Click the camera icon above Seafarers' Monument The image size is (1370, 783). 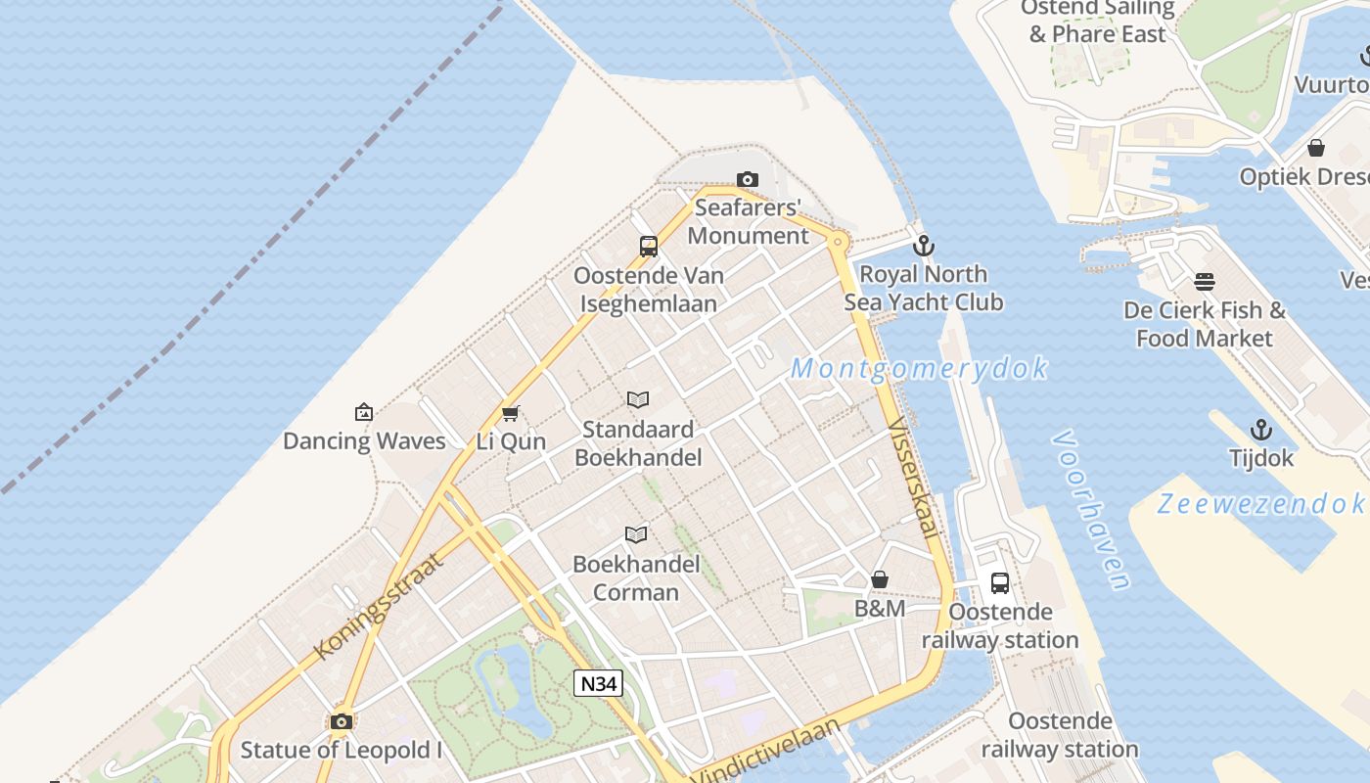pos(748,179)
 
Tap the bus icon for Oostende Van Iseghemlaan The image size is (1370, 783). pos(649,247)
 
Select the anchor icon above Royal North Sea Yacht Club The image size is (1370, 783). pos(924,246)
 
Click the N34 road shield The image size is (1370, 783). pos(598,683)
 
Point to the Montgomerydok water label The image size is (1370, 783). pos(919,369)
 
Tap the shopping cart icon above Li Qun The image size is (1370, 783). pos(510,413)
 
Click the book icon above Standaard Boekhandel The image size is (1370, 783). pos(638,399)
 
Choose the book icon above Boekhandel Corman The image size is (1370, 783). pos(636,534)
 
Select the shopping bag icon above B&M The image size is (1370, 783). pos(880,579)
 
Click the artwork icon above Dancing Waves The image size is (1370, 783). pos(364,412)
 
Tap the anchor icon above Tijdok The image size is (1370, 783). pos(1261,430)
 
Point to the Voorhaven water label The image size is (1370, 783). pos(1092,510)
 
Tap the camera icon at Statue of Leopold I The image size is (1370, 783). pos(342,722)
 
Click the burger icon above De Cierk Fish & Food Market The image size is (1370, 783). pos(1205,282)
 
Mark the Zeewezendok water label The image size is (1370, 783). pos(1260,504)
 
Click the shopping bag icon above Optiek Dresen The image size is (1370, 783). pos(1316,149)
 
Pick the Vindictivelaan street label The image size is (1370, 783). pos(768,752)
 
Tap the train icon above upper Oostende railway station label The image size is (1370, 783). pos(1000,583)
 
